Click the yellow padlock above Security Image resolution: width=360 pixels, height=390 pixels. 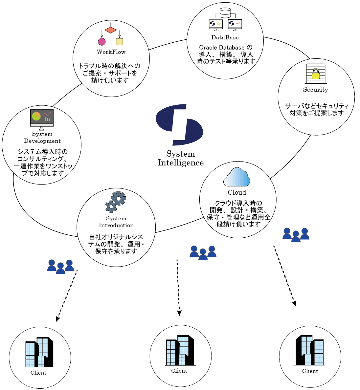[x=316, y=74]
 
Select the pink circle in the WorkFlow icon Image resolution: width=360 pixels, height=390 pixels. [x=102, y=42]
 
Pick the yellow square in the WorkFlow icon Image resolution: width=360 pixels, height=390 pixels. [x=120, y=42]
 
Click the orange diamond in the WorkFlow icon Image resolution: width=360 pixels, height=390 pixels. [x=111, y=30]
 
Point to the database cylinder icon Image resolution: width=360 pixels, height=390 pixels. [x=225, y=13]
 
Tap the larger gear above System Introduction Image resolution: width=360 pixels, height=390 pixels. [x=118, y=198]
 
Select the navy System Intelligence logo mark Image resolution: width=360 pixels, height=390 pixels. [x=179, y=125]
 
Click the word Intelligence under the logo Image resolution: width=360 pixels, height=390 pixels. [x=180, y=163]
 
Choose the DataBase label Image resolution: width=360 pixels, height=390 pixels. [x=225, y=37]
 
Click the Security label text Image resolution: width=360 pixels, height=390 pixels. [x=315, y=90]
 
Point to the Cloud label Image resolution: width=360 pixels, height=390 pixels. [x=237, y=192]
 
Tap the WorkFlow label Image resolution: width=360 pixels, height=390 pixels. [x=111, y=52]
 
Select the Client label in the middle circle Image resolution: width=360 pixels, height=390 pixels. [x=179, y=371]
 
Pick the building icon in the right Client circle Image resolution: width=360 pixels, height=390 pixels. [x=310, y=350]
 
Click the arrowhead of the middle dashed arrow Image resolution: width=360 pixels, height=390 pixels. [x=179, y=313]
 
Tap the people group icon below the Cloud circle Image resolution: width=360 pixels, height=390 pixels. [x=296, y=235]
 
